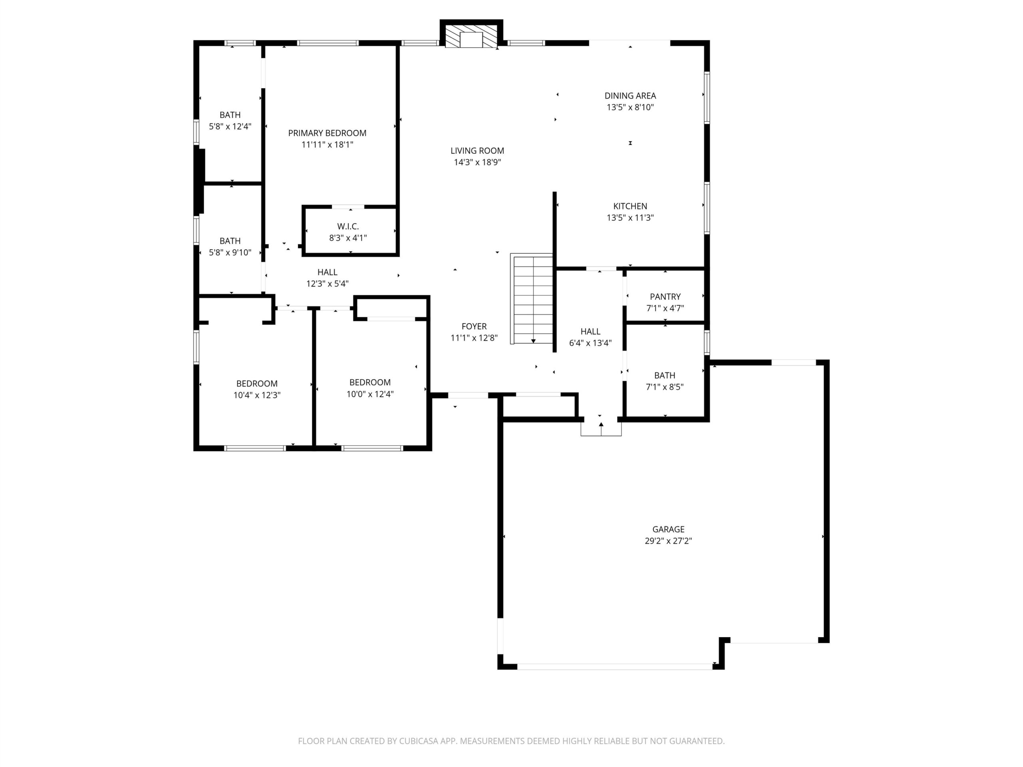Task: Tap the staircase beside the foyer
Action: click(531, 299)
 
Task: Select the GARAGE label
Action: click(668, 529)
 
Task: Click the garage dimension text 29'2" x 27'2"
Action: click(668, 541)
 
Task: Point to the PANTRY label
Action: click(665, 297)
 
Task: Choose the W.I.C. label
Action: click(348, 227)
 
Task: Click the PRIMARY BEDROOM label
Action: click(327, 133)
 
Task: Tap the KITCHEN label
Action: click(630, 206)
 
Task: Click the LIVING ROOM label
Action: click(477, 151)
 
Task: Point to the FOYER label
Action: click(474, 326)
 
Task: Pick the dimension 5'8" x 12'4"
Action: click(230, 127)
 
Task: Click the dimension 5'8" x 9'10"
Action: click(230, 252)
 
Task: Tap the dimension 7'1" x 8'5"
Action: click(665, 387)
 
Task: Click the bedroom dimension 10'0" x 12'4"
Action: click(370, 394)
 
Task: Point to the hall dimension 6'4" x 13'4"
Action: click(591, 343)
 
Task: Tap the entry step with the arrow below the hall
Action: click(601, 429)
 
